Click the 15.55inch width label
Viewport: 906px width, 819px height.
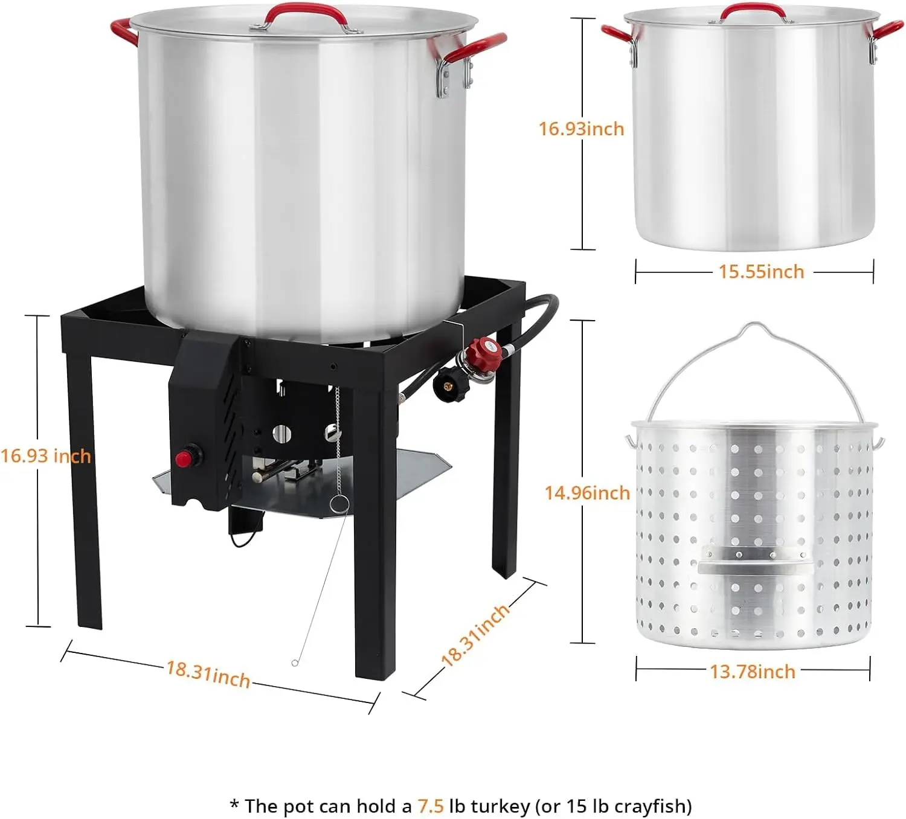[x=761, y=272]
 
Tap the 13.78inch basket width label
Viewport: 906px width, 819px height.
[x=753, y=672]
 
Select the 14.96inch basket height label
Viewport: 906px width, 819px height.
[x=587, y=493]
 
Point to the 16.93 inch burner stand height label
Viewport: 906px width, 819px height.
[x=46, y=456]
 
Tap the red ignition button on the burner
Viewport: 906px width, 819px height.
[x=184, y=458]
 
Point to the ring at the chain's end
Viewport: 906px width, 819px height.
[x=339, y=504]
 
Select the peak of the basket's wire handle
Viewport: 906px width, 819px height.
[x=755, y=324]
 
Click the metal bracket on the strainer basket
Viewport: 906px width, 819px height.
[x=755, y=559]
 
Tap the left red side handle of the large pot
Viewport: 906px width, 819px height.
[x=124, y=31]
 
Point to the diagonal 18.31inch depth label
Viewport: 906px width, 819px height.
[x=475, y=635]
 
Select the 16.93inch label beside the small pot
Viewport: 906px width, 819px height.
[x=581, y=129]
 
